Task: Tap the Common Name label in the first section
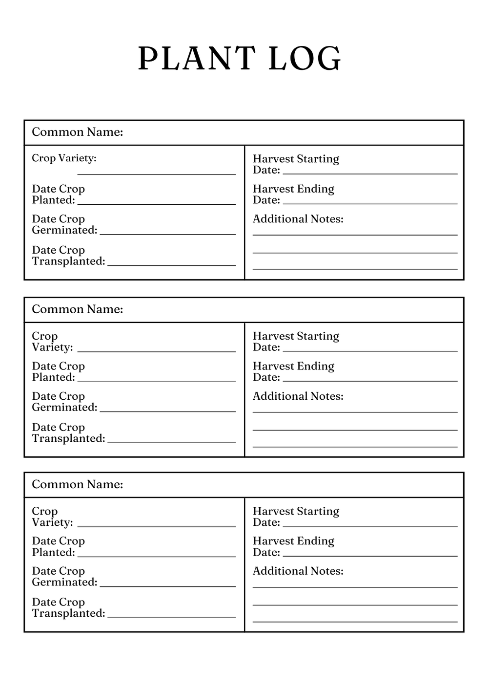click(77, 132)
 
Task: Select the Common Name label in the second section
click(77, 309)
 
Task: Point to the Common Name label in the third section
click(77, 484)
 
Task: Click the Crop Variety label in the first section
click(64, 158)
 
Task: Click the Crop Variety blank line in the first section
click(156, 174)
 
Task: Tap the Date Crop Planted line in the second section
click(156, 381)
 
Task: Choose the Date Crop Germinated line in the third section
click(167, 586)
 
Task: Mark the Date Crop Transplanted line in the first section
click(171, 265)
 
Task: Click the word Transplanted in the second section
click(68, 438)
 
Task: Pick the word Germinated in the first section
click(64, 230)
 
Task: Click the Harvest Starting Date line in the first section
click(370, 173)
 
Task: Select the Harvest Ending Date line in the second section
click(370, 381)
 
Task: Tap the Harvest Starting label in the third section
click(296, 511)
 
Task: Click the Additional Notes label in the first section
click(298, 219)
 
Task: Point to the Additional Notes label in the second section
click(298, 396)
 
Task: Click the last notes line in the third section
click(355, 622)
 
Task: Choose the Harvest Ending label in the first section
click(293, 189)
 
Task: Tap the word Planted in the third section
click(53, 552)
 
